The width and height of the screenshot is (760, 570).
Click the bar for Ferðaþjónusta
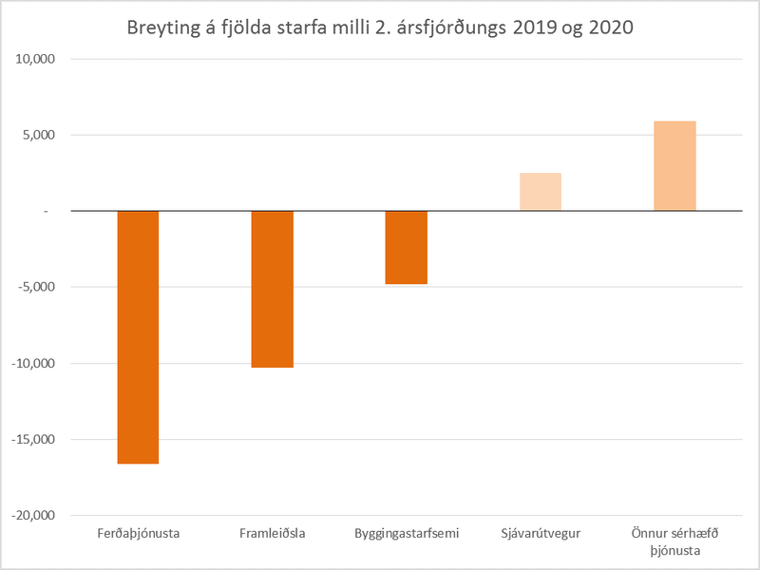(138, 337)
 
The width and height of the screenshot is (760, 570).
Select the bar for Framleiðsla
(272, 289)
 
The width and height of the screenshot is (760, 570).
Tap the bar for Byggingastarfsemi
(406, 247)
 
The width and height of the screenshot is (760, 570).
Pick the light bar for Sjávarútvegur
(541, 192)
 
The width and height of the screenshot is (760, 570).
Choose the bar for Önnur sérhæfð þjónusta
(674, 166)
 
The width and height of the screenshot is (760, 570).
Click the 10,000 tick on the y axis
(36, 59)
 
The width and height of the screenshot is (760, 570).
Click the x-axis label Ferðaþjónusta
(138, 533)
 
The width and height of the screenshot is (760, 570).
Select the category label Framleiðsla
(272, 533)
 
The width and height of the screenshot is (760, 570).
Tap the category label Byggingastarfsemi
(406, 533)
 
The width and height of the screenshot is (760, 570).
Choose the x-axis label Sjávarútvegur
(541, 533)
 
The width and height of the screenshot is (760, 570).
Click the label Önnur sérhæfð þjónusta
(674, 541)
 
